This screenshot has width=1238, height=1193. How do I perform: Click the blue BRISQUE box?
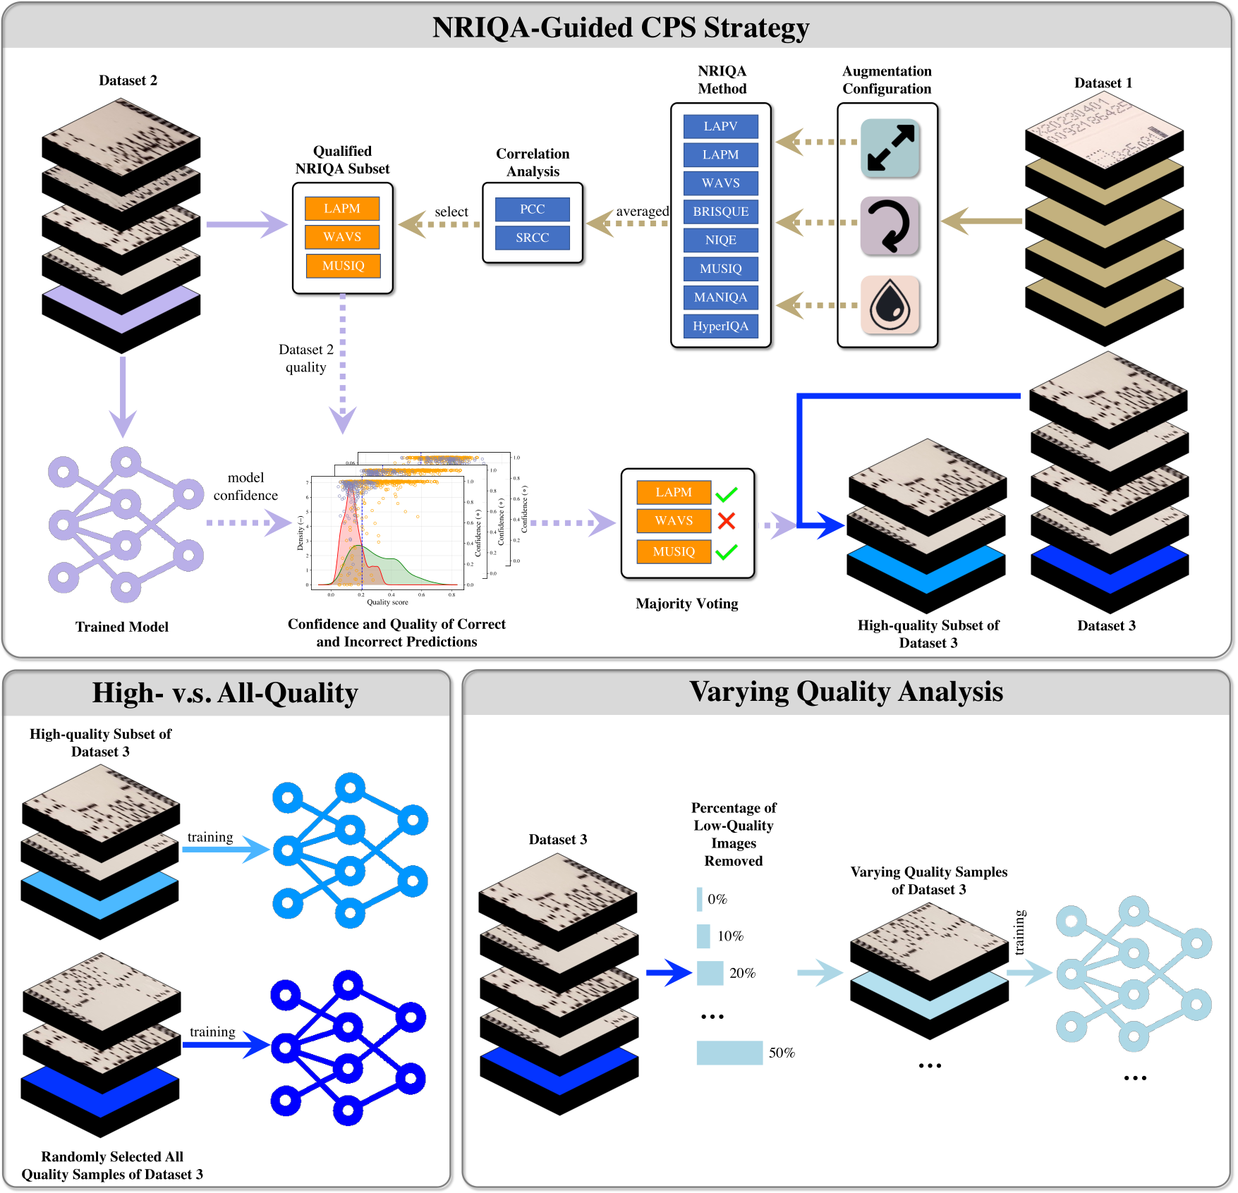point(720,212)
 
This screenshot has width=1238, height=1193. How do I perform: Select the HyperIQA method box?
point(720,326)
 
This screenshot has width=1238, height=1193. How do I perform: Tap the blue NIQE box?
point(720,240)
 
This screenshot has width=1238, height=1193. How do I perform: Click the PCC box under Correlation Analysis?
point(532,209)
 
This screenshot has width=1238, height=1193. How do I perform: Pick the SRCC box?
point(532,238)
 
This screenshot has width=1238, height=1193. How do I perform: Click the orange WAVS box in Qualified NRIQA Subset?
point(342,237)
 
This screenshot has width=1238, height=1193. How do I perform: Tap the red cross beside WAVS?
point(726,521)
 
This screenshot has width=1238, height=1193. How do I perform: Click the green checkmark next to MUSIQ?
point(726,551)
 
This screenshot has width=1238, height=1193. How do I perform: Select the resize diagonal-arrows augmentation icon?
point(890,148)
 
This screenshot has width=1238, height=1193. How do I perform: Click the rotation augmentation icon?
point(890,226)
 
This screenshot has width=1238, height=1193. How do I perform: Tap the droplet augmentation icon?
point(890,305)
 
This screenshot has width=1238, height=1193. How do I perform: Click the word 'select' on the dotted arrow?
point(451,212)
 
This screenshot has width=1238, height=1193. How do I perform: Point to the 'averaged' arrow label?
point(642,211)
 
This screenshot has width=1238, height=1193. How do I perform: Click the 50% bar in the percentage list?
point(729,1053)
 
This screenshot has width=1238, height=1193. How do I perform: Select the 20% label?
point(742,973)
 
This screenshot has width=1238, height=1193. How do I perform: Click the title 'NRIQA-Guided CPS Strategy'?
point(620,27)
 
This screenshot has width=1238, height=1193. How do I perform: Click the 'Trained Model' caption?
point(122,627)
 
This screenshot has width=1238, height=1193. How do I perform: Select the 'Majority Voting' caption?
point(686,604)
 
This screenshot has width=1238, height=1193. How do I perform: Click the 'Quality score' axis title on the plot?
point(387,602)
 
